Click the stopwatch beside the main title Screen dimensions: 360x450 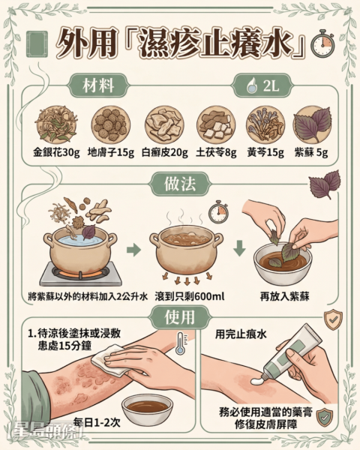[322, 43]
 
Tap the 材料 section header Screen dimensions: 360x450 [98, 85]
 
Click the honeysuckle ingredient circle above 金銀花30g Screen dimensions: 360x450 [56, 124]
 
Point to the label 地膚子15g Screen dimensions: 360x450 [111, 153]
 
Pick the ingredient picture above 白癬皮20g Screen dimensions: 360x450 [164, 125]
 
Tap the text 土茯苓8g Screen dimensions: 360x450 [216, 153]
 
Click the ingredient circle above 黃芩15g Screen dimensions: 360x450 [265, 124]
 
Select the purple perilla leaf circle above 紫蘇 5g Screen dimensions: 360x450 [312, 124]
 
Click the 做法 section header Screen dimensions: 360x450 [180, 184]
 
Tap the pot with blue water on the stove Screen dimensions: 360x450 [80, 250]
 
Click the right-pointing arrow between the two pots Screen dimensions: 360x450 [133, 250]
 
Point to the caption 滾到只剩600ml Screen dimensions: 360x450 [190, 296]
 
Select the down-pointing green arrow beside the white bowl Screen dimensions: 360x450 [240, 248]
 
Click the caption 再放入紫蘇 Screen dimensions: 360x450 [284, 296]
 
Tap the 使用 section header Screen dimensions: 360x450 [180, 317]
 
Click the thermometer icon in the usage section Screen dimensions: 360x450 [181, 343]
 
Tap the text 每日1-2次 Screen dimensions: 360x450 [97, 422]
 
